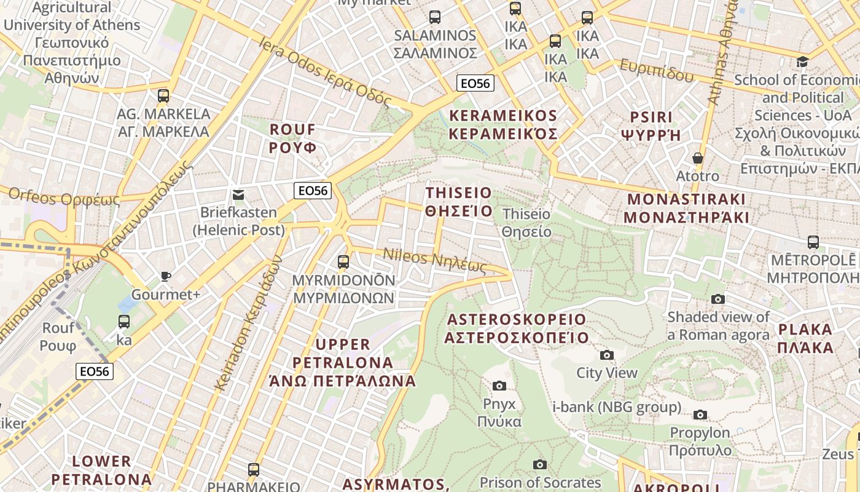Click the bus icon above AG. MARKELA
pos(163,96)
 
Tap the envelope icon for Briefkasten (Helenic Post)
pos(238,195)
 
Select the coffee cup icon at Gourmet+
pos(165,276)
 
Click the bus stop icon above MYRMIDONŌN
pos(343,262)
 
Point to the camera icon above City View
pos(606,355)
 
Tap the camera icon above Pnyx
pos(499,386)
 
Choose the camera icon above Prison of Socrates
pos(540,464)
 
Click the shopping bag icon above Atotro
pos(697,158)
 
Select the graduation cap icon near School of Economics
pos(802,61)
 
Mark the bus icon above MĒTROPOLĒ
pos(813,242)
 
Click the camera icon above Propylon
pos(700,415)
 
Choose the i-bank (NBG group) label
pos(617,407)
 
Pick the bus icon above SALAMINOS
pos(435,17)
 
